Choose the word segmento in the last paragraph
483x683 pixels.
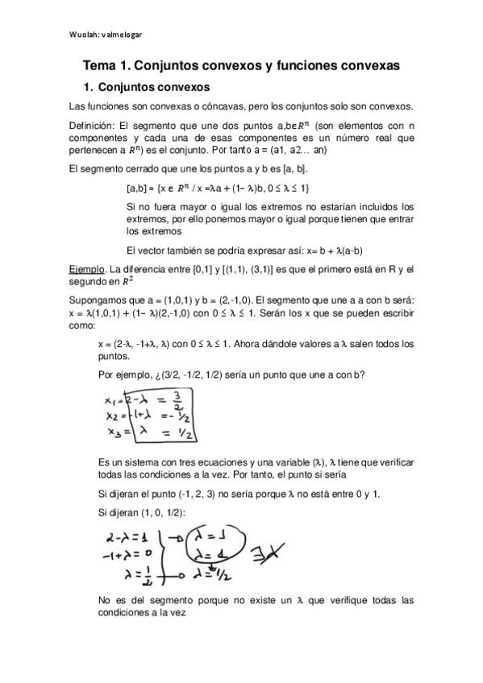(x=176, y=600)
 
